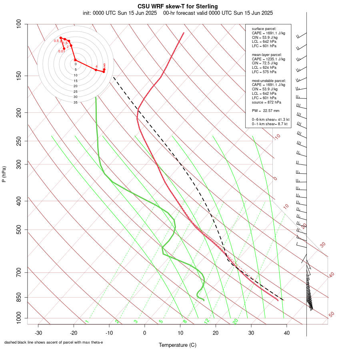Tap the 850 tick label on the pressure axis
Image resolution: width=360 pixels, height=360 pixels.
click(19, 297)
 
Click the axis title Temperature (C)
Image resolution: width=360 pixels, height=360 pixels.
click(178, 345)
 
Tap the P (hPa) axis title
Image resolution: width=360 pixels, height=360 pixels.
click(4, 174)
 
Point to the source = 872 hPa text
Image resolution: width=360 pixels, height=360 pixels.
click(264, 102)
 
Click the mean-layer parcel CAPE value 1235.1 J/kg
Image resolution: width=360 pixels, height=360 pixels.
click(274, 59)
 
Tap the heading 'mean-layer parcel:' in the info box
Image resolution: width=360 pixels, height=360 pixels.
click(267, 54)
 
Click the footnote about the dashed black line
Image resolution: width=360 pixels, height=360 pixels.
click(54, 342)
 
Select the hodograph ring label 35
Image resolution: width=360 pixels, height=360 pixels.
click(75, 102)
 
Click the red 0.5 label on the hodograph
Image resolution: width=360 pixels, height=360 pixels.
click(56, 41)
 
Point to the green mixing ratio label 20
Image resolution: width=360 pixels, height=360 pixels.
click(235, 321)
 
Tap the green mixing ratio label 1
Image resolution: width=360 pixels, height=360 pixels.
click(87, 321)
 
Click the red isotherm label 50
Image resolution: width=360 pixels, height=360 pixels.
click(331, 315)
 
